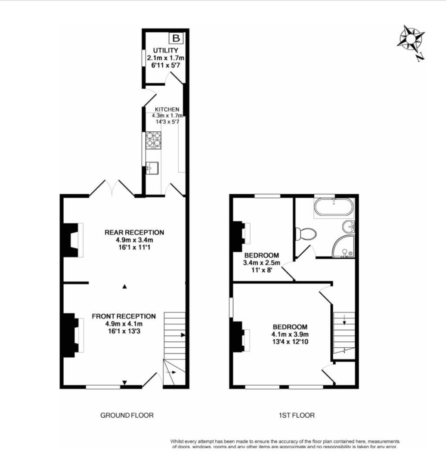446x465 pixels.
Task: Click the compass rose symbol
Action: coord(411,39)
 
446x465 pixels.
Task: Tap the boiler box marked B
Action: coord(176,39)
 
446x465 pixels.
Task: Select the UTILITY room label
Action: coord(165,51)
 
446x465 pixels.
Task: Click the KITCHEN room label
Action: coord(167,109)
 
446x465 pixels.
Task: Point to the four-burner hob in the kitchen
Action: coord(152,139)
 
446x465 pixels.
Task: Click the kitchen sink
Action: coord(152,167)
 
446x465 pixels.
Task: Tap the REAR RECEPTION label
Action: coord(134,232)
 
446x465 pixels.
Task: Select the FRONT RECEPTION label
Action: coord(124,316)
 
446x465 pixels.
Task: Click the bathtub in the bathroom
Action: coord(334,208)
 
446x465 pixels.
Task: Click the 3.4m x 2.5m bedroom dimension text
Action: coord(262,263)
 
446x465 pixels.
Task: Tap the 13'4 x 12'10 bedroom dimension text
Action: coord(290,342)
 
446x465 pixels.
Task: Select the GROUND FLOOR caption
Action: coord(127,415)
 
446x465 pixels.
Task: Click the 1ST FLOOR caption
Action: coord(297,415)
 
